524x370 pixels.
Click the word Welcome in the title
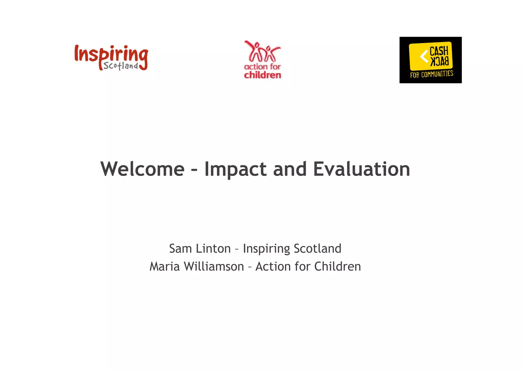click(x=142, y=169)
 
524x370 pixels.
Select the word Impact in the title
click(x=235, y=170)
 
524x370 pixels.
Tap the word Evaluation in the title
click(x=362, y=169)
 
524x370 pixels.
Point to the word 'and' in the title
click(x=290, y=169)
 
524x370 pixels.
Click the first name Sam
click(x=180, y=249)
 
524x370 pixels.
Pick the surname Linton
click(x=213, y=249)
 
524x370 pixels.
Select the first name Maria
click(x=165, y=266)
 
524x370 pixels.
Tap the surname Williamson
click(x=214, y=266)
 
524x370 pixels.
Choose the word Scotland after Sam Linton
click(x=317, y=249)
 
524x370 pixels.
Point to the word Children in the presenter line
click(x=337, y=266)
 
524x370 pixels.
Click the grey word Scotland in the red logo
click(x=121, y=66)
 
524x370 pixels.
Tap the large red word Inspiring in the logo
click(x=111, y=54)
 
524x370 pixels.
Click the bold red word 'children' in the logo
click(x=263, y=75)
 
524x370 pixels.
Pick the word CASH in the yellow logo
click(x=439, y=51)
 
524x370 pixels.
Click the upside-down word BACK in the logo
click(x=439, y=61)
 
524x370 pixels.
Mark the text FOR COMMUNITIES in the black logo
click(x=431, y=74)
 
